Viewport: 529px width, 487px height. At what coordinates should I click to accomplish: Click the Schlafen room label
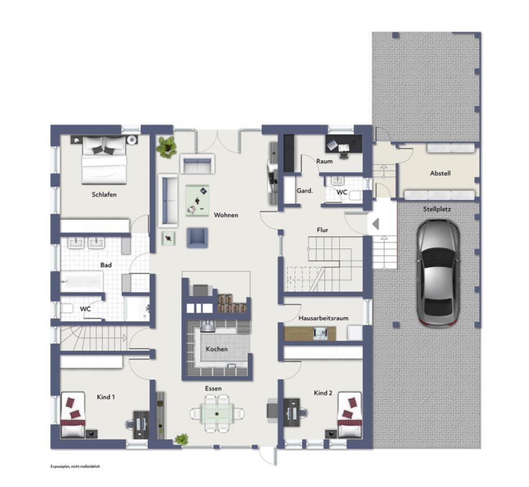104,194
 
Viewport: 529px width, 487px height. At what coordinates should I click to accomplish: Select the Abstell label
440,173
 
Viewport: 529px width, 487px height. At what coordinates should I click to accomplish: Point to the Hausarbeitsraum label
323,318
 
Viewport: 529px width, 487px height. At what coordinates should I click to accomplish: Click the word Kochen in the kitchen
216,349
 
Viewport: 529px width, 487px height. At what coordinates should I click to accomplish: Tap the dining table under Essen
216,413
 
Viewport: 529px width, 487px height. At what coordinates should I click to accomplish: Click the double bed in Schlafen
104,160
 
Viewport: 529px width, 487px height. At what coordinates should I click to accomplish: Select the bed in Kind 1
72,414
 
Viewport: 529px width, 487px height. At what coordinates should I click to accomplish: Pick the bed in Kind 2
350,414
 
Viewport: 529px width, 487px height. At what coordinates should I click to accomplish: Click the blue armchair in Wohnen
197,238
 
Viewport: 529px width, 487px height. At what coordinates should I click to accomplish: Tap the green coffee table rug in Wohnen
197,200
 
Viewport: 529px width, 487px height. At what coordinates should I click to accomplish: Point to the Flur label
322,230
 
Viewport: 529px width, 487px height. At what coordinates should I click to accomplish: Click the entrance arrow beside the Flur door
375,224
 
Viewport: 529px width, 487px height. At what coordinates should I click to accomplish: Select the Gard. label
305,190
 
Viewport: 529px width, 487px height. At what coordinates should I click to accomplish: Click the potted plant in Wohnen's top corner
166,147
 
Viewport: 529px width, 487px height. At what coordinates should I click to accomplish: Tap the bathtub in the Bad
82,281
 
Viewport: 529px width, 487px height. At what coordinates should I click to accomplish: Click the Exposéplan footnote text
75,466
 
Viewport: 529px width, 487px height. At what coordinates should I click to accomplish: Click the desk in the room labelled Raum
344,144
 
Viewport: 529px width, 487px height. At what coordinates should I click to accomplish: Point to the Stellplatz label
437,209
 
